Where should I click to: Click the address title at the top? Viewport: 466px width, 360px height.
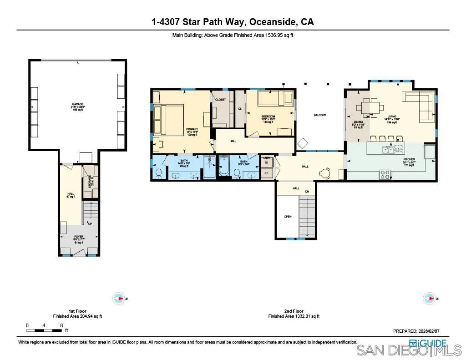233,21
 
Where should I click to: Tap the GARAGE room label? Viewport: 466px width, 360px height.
77,104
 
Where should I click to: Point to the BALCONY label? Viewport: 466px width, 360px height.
319,115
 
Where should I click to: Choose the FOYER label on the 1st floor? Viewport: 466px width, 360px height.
79,237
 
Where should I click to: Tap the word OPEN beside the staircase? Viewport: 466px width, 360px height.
288,217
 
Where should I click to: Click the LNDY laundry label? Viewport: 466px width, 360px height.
267,158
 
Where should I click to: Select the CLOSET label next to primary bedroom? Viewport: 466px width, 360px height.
221,99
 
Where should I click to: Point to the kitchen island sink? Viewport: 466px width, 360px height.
389,149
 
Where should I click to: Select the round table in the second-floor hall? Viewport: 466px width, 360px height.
325,172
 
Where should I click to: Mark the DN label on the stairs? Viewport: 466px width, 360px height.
307,192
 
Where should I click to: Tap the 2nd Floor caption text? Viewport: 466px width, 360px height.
294,311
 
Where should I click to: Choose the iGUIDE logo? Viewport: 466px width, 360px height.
427,343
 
